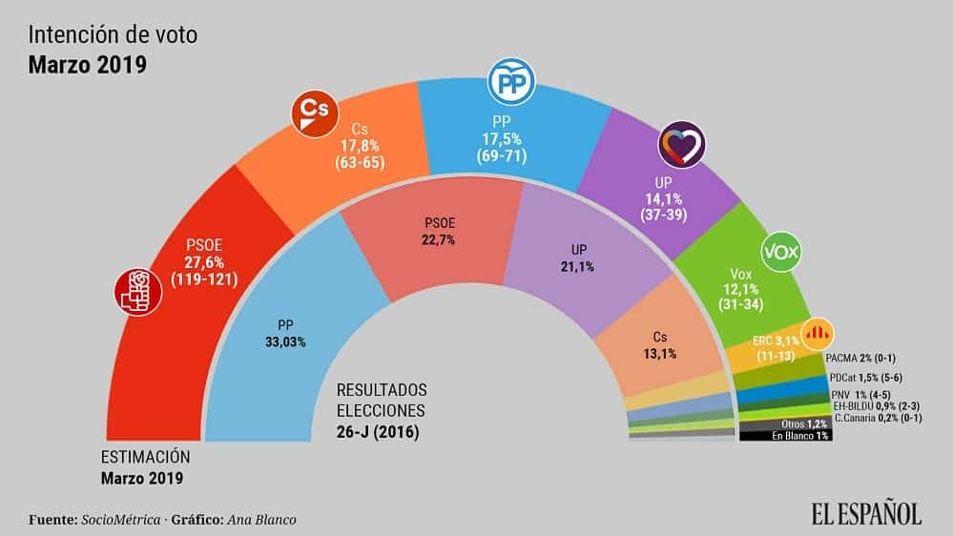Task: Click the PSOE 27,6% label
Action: pos(204,262)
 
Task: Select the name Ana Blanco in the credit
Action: pos(269,520)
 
